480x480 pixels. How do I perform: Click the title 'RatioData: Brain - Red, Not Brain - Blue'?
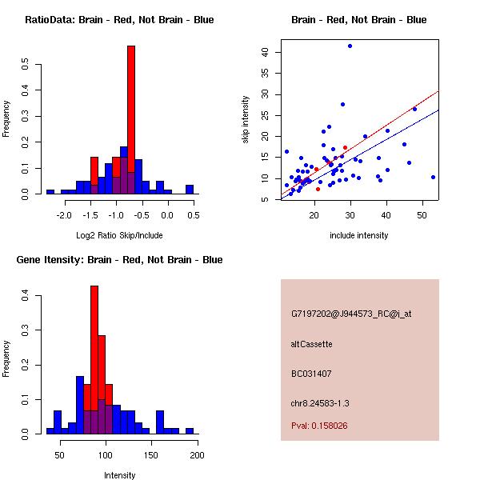coord(119,20)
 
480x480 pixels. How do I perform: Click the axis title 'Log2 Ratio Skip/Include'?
coord(119,236)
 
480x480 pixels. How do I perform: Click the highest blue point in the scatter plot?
coord(350,46)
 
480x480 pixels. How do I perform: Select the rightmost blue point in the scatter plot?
coord(433,177)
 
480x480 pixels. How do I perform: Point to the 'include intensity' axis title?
coord(359,236)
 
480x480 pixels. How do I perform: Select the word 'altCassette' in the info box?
coord(312,344)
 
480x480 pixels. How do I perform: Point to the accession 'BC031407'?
coord(311,374)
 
